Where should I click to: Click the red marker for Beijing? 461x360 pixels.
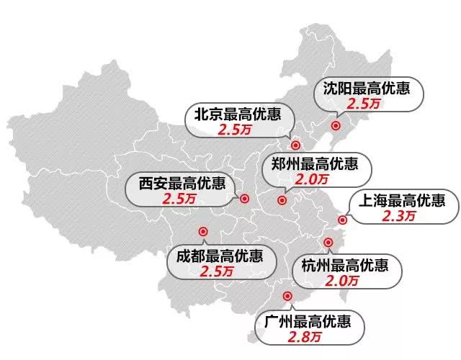(x=295, y=143)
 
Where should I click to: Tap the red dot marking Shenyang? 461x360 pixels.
(x=335, y=125)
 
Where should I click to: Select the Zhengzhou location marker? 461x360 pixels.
(x=281, y=199)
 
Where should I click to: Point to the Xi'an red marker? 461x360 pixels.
(x=244, y=199)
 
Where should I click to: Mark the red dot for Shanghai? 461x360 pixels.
(x=343, y=220)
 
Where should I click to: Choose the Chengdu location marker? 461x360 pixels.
(x=202, y=232)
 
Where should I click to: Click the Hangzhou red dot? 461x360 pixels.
(x=328, y=243)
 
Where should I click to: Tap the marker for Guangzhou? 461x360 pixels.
(x=287, y=295)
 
